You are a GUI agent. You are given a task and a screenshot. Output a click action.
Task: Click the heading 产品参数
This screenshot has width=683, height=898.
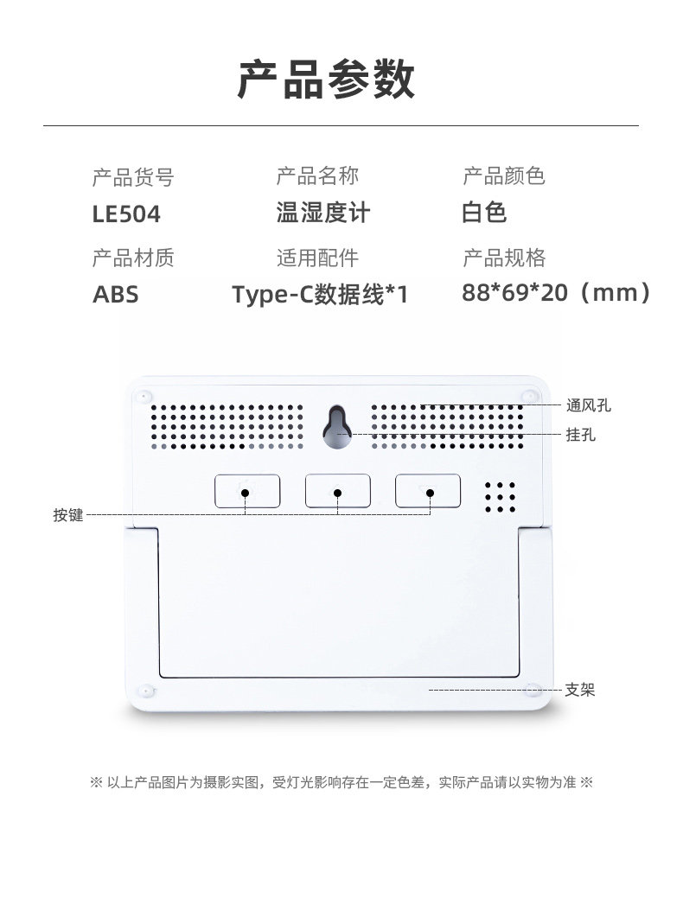(326, 80)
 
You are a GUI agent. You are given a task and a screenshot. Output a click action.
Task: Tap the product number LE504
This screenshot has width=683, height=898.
(126, 214)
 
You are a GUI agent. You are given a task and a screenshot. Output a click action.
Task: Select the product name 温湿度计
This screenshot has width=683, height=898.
(322, 213)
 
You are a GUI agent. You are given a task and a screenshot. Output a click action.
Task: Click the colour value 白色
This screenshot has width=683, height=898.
(484, 213)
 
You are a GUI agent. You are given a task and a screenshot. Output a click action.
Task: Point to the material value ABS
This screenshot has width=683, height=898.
(115, 295)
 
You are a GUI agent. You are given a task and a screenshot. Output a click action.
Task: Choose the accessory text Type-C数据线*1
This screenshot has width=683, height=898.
(320, 295)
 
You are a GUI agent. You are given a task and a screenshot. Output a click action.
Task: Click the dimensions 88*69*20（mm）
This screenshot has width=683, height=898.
(557, 293)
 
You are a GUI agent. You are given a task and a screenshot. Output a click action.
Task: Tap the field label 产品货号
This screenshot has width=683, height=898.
(133, 178)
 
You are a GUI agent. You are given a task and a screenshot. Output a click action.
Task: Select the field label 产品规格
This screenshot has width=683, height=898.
(504, 258)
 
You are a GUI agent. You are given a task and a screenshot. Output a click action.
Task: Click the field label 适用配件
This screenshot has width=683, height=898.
(317, 258)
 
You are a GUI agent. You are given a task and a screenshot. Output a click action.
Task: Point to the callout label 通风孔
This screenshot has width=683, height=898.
(588, 404)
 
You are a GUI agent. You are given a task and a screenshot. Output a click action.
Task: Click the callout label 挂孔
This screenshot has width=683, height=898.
(580, 434)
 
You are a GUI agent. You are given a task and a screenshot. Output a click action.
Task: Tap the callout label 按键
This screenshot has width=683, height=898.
(68, 515)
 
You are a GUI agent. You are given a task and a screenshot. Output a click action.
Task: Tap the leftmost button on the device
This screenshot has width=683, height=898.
(247, 490)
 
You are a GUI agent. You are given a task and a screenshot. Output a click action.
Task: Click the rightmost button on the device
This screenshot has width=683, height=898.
(428, 490)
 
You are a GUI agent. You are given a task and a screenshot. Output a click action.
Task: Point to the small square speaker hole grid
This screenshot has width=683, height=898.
(500, 497)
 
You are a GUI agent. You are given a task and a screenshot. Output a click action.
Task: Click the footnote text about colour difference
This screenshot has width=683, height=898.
(341, 783)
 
